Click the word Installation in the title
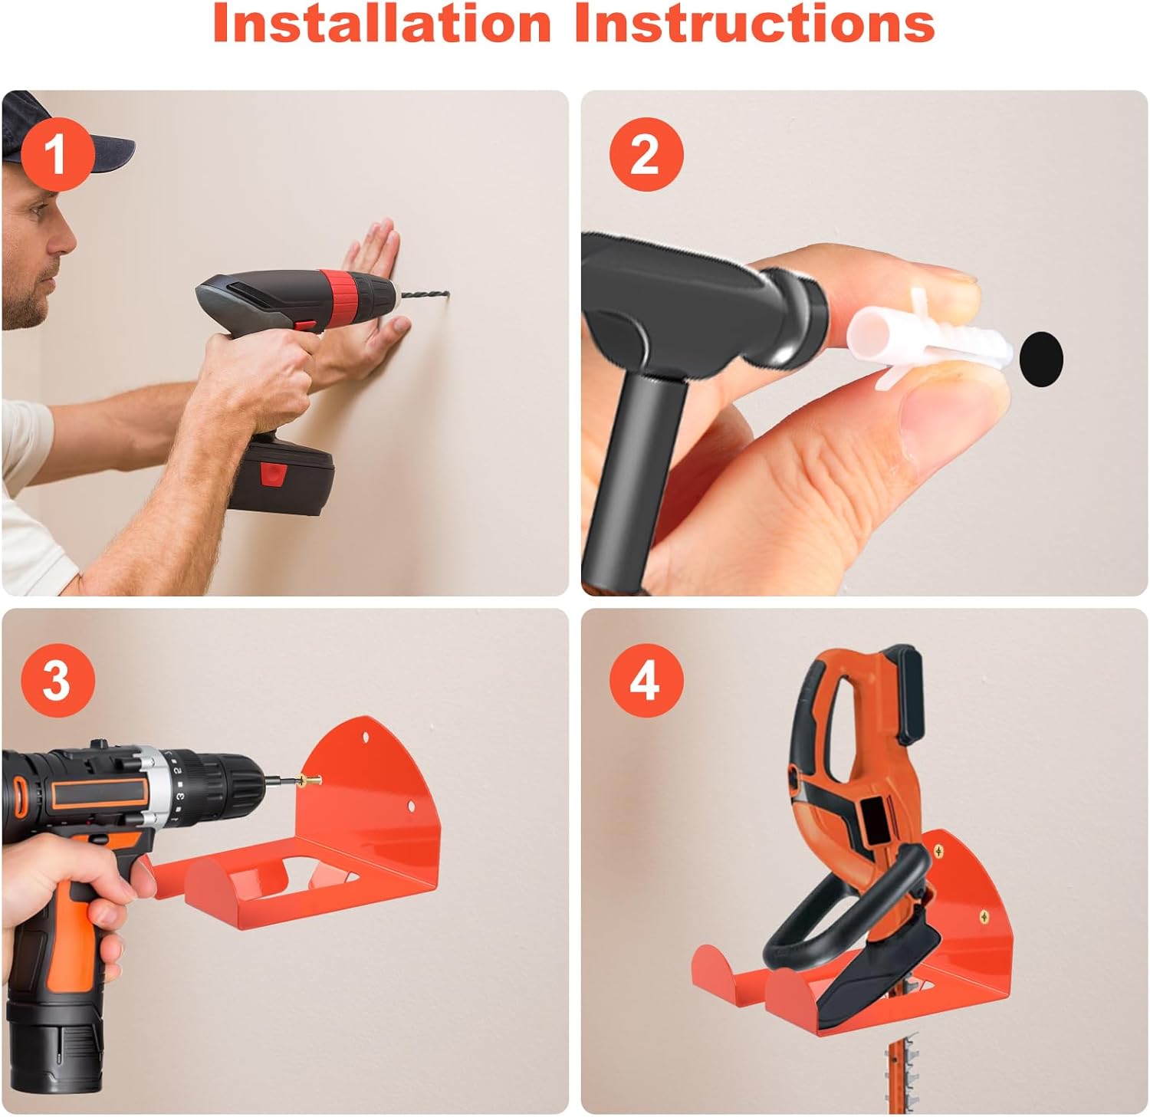(382, 23)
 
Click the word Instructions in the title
(755, 23)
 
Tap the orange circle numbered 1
(57, 154)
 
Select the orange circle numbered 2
(646, 154)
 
